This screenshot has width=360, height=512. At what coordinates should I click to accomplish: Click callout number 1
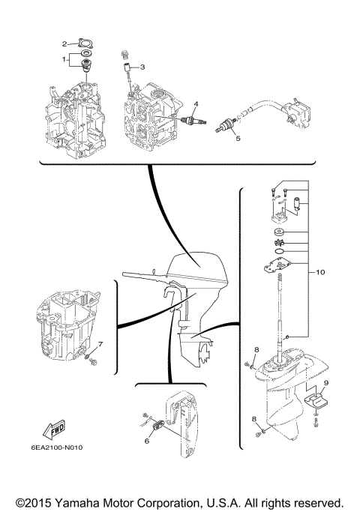pos(64,57)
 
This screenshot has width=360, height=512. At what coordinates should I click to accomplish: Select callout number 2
pos(64,43)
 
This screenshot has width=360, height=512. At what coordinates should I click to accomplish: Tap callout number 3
pos(142,67)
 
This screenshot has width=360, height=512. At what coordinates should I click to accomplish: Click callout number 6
pos(147,441)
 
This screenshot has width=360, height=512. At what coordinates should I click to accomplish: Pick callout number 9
pos(325,384)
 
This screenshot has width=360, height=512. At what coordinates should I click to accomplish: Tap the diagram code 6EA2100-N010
pos(59,449)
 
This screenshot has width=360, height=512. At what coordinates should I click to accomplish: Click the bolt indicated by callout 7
pos(91,362)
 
